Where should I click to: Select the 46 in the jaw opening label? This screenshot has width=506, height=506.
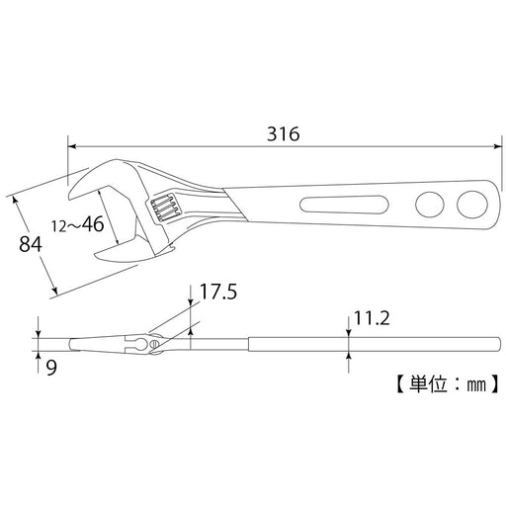[x=92, y=224]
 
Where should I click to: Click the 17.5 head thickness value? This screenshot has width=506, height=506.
[x=218, y=293]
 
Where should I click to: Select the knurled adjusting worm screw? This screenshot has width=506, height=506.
[x=164, y=209]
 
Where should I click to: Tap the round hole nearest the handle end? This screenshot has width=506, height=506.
[x=469, y=205]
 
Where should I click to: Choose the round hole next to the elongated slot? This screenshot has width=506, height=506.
[x=429, y=205]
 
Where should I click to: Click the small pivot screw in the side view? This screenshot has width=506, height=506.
[x=153, y=344]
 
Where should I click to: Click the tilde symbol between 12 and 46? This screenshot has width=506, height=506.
[x=76, y=226]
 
